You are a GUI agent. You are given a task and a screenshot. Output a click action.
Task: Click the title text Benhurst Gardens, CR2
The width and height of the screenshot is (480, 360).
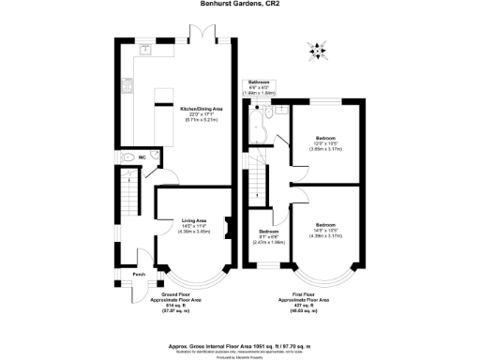(x=241, y=4)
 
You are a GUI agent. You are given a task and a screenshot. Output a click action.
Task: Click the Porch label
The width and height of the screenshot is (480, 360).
(x=139, y=275)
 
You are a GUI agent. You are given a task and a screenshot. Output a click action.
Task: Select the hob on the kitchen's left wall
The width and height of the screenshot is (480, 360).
(x=128, y=88)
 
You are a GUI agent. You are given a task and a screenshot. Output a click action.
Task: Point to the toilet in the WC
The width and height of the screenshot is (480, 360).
(x=126, y=157)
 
